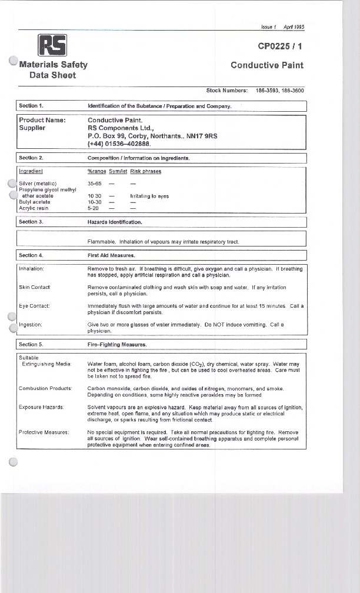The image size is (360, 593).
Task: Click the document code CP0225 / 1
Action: tap(281, 46)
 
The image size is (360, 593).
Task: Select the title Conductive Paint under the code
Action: tap(267, 65)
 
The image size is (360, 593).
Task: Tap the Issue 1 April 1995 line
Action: tap(282, 26)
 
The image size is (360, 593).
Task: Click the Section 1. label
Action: tap(32, 106)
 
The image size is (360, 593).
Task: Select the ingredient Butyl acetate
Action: tap(35, 202)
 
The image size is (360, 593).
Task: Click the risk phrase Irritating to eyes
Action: tap(149, 196)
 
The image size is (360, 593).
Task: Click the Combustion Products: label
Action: tap(46, 389)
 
